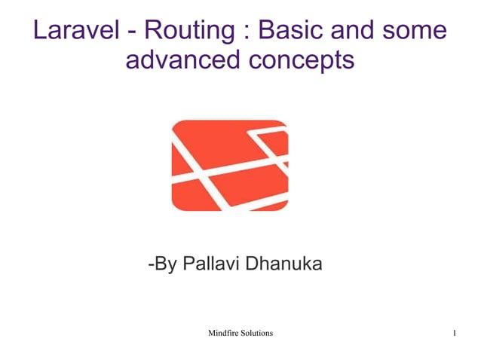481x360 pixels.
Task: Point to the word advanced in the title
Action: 183,60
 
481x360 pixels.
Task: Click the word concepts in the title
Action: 302,60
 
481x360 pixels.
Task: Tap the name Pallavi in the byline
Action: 212,265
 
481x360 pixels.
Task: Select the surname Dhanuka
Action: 286,265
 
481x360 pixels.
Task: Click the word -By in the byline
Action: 163,265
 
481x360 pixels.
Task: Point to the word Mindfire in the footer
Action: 225,333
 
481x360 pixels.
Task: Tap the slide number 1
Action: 455,333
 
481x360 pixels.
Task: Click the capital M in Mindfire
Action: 211,333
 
